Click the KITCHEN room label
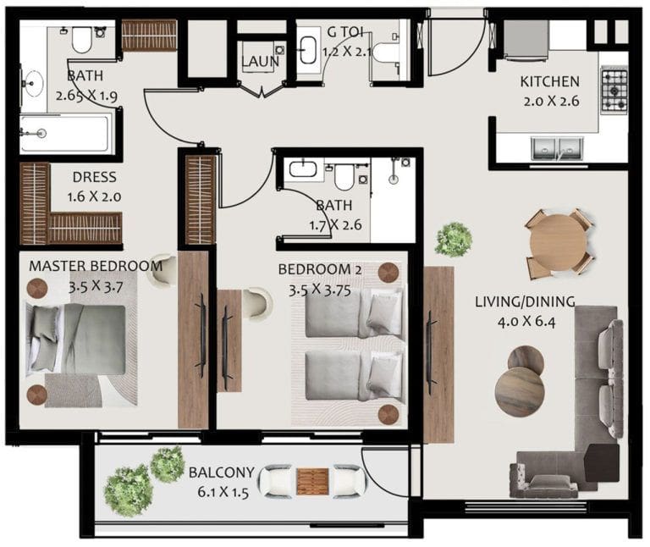click(549, 82)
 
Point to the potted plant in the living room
click(454, 240)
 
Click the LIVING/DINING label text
click(525, 301)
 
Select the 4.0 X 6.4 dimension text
click(525, 321)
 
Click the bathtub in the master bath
click(64, 133)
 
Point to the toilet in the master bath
click(82, 39)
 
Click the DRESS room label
click(94, 178)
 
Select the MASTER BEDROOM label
click(95, 266)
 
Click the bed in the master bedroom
click(81, 339)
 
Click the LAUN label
click(260, 62)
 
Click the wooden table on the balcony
click(311, 482)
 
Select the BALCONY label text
click(218, 472)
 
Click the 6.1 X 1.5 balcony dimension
click(218, 492)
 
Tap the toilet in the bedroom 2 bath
click(344, 175)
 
